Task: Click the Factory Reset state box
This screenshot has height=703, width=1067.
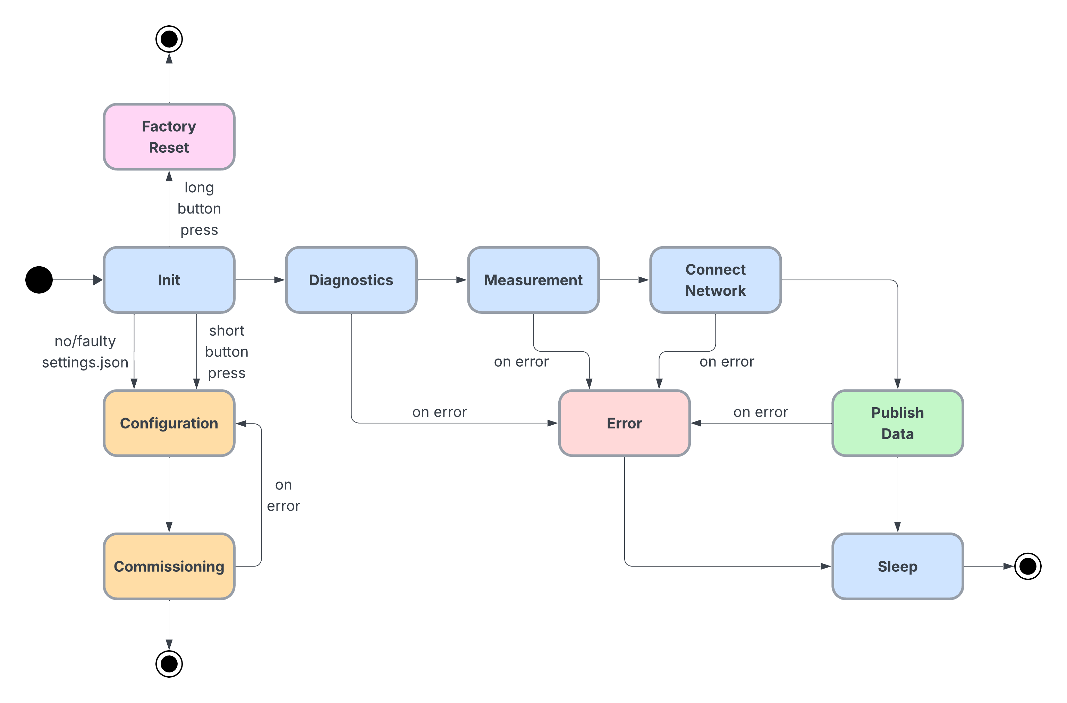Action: click(169, 137)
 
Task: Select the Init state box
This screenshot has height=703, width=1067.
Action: click(169, 280)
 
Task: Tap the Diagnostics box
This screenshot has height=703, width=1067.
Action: click(351, 280)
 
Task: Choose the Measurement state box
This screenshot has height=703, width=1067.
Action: click(533, 280)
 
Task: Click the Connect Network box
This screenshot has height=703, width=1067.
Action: click(715, 280)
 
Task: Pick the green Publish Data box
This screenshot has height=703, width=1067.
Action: click(898, 423)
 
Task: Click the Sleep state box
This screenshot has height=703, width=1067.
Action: click(898, 566)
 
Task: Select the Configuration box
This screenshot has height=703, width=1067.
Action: click(169, 423)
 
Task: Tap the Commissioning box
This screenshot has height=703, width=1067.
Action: click(169, 566)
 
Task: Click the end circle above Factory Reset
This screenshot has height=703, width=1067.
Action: click(169, 39)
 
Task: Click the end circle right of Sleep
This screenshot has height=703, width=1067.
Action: click(1027, 566)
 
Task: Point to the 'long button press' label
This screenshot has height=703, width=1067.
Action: click(199, 209)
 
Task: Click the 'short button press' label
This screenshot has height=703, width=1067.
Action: click(226, 352)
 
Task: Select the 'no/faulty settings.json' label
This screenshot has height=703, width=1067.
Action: click(85, 352)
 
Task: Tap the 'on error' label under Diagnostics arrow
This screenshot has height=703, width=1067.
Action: click(439, 412)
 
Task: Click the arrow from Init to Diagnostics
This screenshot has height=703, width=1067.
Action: click(260, 280)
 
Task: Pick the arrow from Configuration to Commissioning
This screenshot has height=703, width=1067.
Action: click(169, 494)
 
